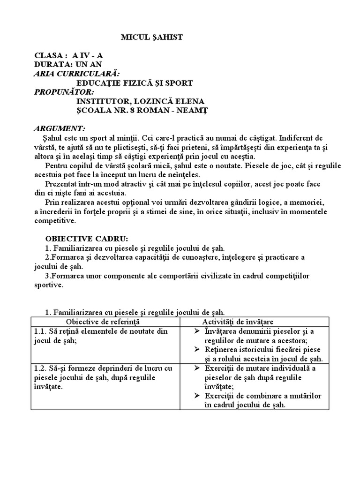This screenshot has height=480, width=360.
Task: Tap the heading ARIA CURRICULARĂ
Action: (77, 74)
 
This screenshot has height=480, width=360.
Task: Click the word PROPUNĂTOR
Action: (64, 92)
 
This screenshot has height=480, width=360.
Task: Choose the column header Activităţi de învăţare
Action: (238, 322)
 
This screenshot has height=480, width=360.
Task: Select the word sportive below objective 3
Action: (49, 285)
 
